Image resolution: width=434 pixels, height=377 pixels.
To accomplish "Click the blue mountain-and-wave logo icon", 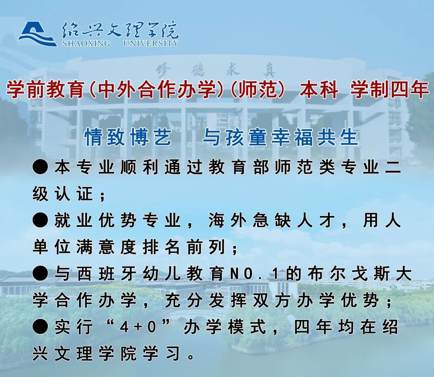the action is (37, 34).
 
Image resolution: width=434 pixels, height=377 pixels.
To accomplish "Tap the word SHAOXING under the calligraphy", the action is (86, 43).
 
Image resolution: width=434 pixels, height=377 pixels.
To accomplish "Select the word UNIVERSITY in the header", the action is (151, 43).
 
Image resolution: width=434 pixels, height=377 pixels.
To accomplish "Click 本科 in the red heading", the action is (319, 90).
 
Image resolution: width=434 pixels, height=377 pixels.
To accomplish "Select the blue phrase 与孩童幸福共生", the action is (280, 137).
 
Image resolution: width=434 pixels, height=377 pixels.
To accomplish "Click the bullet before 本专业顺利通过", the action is (40, 167).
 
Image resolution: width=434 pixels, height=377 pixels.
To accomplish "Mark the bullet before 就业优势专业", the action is (40, 220).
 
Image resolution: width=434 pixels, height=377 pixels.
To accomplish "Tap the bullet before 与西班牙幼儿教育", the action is (40, 273).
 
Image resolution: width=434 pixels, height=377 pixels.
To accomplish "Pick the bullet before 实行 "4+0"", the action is (40, 327).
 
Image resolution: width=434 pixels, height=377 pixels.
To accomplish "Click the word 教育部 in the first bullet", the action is (239, 167).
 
